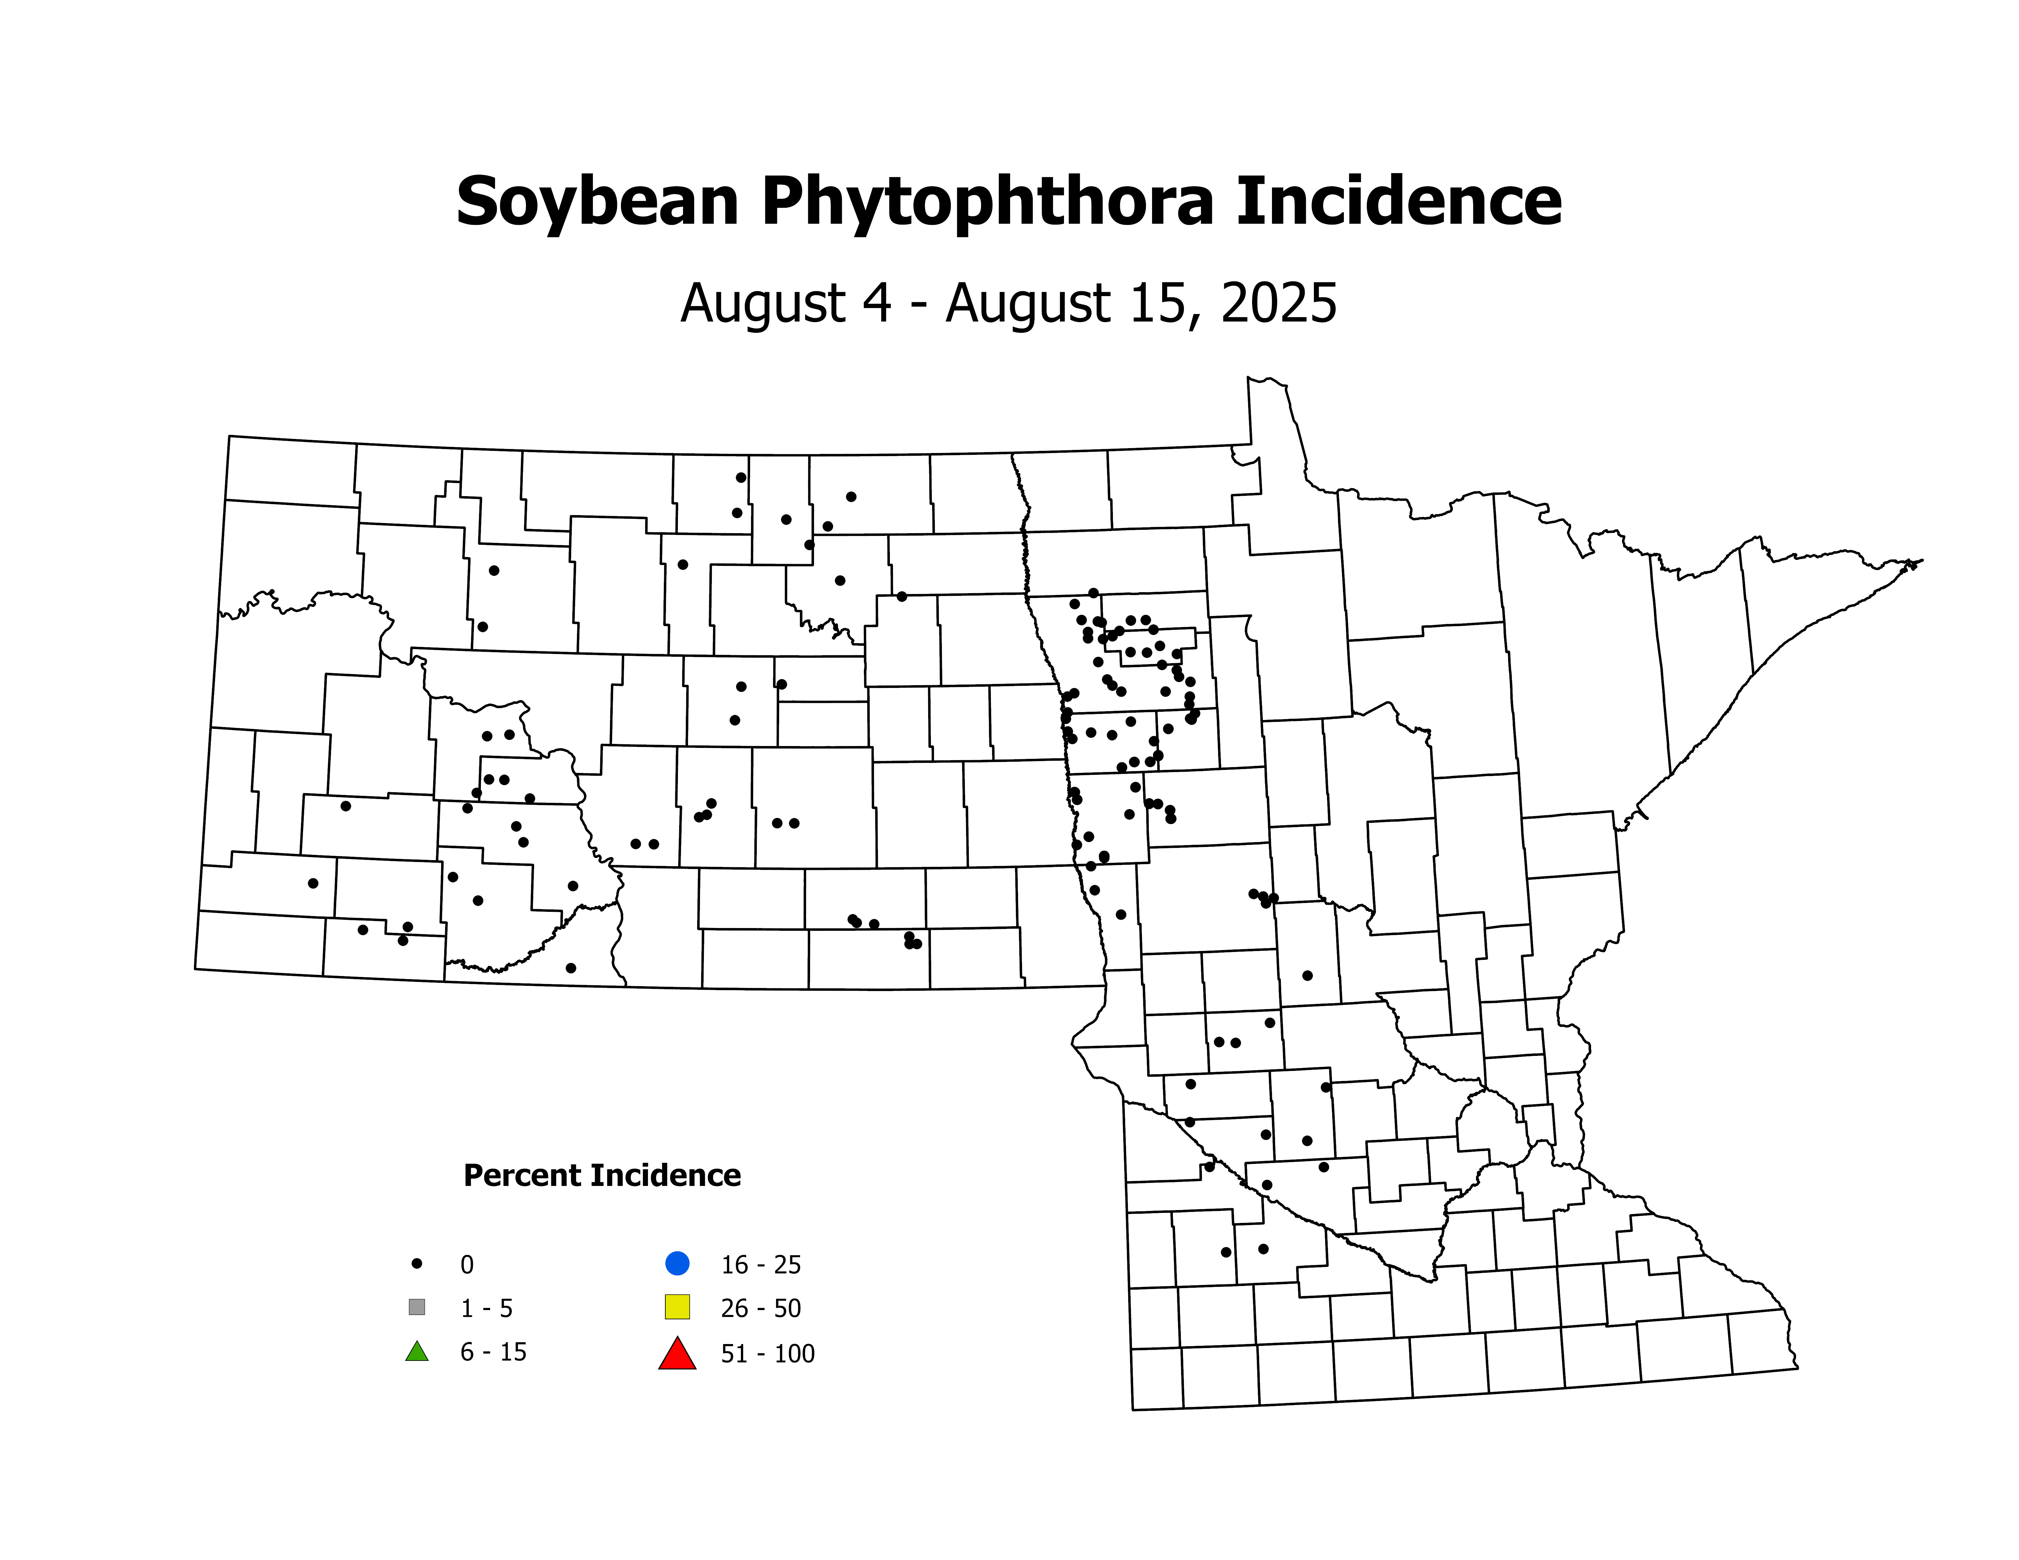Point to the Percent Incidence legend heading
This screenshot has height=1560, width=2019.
(x=602, y=1176)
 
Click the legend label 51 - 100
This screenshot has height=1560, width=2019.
(x=767, y=1354)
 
